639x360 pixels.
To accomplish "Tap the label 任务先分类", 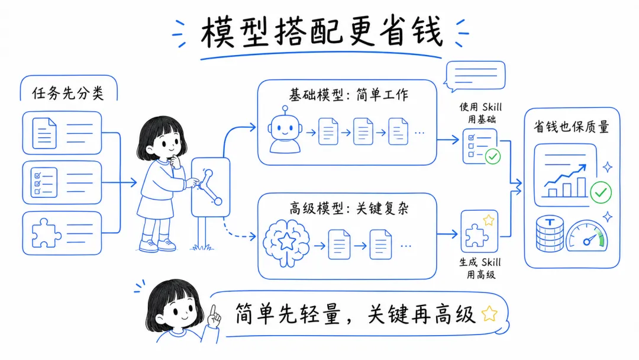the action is [x=69, y=93].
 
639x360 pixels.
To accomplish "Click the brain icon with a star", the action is [x=286, y=240].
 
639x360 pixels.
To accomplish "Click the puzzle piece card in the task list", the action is [x=62, y=233].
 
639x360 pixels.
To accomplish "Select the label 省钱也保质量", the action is [x=571, y=127].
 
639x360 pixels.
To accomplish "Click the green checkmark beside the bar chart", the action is [x=601, y=191].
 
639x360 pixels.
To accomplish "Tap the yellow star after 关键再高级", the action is [x=489, y=313].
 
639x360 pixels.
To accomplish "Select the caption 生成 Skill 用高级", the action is [x=479, y=268].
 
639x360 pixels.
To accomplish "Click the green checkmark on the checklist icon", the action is [x=492, y=156].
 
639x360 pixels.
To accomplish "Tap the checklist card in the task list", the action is [x=62, y=182].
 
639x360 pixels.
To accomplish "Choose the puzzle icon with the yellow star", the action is [x=479, y=231].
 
